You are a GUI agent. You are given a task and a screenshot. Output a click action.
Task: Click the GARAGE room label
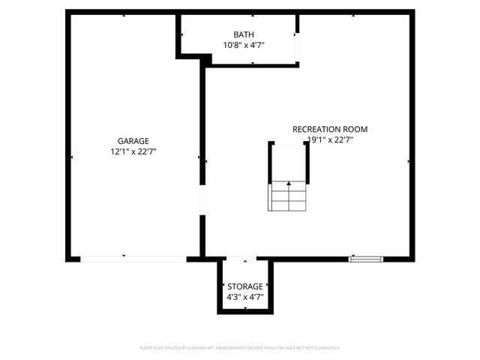(133, 141)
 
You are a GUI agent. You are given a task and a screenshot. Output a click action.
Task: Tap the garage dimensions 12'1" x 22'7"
(133, 151)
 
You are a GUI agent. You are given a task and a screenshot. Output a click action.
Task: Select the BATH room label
(243, 34)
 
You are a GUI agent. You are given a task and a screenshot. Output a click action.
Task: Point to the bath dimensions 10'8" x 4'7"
(243, 45)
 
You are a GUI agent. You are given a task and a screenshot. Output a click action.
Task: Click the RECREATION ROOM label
(329, 129)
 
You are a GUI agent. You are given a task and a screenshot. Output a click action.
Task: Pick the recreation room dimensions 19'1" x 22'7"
(329, 139)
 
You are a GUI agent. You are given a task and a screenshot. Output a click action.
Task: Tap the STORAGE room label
(245, 286)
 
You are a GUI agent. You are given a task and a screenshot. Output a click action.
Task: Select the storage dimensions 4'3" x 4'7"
(245, 297)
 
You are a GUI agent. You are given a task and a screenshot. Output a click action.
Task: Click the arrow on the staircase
(289, 185)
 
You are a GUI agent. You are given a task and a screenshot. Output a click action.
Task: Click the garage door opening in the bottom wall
(133, 259)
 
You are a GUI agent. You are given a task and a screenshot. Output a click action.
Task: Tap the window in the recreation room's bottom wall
(366, 259)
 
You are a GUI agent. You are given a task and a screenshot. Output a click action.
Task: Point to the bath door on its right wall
(297, 46)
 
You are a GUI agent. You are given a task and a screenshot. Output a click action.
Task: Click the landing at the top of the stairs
(289, 160)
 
